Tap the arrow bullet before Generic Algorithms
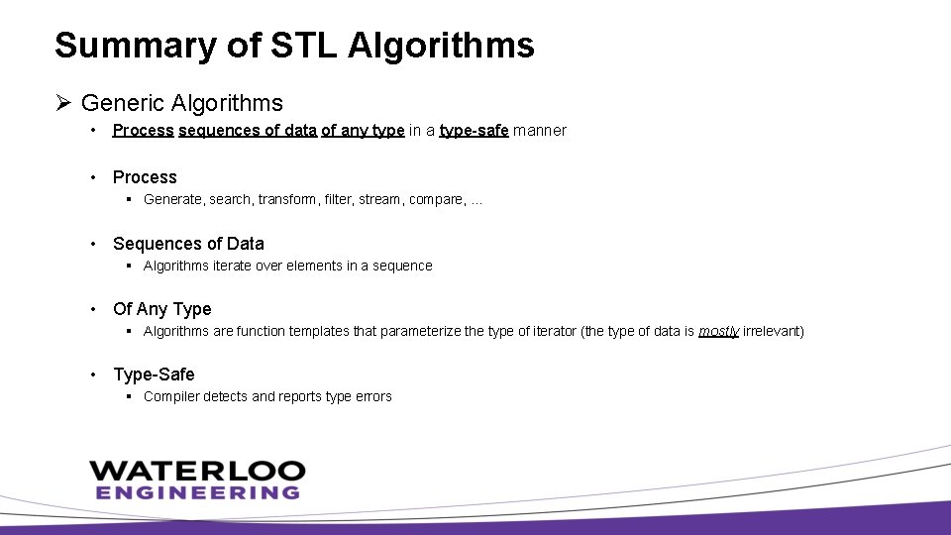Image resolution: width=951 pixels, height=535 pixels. point(63,103)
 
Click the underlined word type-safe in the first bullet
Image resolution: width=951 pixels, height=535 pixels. point(474,131)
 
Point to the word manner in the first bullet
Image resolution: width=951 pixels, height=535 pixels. point(540,131)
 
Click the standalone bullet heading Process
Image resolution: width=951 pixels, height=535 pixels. point(145,177)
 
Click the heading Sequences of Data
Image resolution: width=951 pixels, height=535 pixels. point(188,244)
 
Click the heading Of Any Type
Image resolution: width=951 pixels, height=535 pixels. point(162,309)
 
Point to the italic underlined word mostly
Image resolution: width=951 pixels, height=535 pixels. point(718,331)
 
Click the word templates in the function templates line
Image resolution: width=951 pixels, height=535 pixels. point(320,331)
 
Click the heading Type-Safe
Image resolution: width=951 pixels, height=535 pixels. point(154,374)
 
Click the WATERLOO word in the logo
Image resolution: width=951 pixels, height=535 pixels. point(197,470)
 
